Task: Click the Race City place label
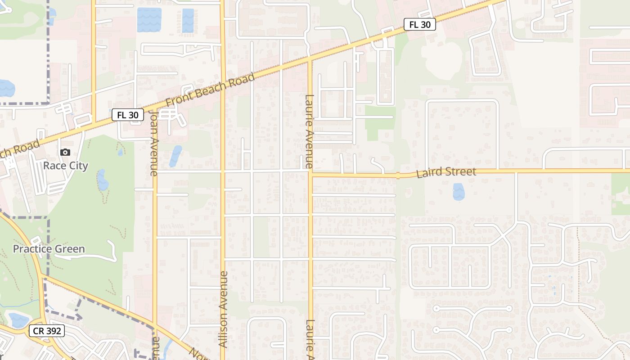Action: [66, 166]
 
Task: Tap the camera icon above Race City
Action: [65, 153]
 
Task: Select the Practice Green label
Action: [49, 249]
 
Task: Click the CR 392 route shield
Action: [47, 331]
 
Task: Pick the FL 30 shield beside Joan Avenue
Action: [128, 115]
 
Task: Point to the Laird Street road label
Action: [446, 172]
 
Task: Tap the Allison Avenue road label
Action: [223, 309]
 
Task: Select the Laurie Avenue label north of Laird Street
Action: [309, 131]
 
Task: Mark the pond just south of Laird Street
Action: [459, 192]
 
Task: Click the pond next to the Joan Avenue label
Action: [175, 156]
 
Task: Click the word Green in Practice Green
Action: [68, 249]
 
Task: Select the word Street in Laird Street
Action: [459, 171]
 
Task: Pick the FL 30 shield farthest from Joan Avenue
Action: [419, 25]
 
